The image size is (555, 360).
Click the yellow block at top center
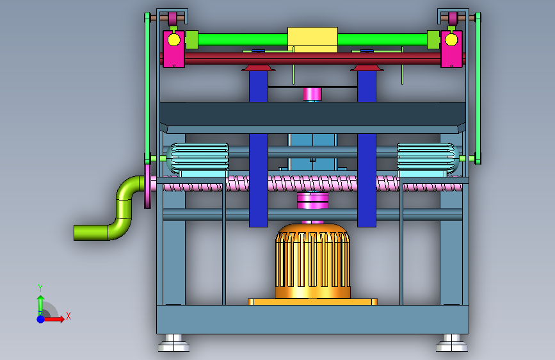[312, 39]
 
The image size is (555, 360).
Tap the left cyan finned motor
[198, 159]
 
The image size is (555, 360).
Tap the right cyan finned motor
[428, 159]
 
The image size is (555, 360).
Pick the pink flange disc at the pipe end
[148, 186]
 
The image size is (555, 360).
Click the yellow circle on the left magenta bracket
[173, 40]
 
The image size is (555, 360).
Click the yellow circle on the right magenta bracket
[451, 40]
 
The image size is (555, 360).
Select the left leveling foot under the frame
[173, 343]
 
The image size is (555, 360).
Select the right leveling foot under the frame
[452, 343]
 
